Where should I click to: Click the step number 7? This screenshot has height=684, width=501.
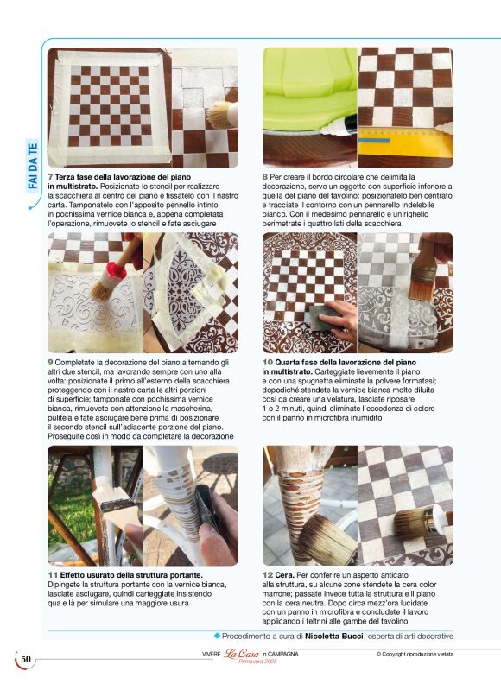coord(50,177)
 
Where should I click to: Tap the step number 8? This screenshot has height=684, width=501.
coord(265,177)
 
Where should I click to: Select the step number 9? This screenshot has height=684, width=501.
coord(50,362)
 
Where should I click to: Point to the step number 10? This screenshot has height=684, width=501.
coord(268,362)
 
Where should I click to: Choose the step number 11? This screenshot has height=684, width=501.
coord(53,575)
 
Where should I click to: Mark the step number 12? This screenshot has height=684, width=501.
coord(268,575)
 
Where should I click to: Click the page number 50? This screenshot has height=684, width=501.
coord(26,659)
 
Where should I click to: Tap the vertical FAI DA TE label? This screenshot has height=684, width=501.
coord(33,166)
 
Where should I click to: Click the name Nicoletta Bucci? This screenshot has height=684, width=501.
coord(333,636)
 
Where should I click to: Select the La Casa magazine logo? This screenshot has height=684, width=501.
coord(242,654)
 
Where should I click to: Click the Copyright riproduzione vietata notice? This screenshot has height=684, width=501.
coord(415,654)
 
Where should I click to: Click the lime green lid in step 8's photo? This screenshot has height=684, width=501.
coord(309,88)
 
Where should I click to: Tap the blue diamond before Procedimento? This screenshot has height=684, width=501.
coord(217,636)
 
